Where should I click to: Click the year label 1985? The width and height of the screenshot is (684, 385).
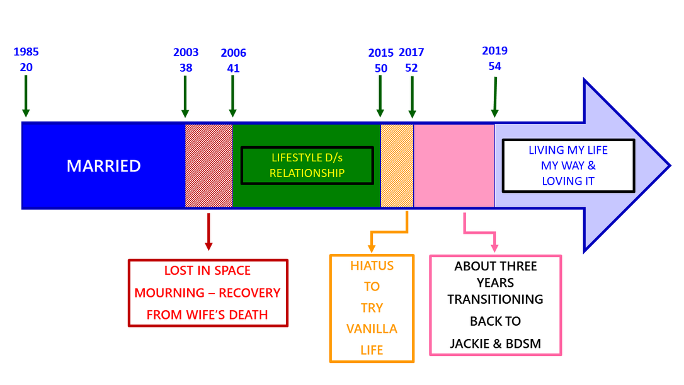[x=26, y=52]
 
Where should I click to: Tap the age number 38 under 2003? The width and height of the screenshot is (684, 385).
[x=186, y=68]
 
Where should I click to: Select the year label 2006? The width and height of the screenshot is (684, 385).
[x=234, y=53]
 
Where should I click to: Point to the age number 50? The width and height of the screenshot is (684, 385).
[x=381, y=69]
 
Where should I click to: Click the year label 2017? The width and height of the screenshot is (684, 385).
[x=411, y=52]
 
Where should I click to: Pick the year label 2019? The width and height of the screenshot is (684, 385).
[x=494, y=50]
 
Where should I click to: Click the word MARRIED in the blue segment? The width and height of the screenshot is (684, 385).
[x=104, y=166]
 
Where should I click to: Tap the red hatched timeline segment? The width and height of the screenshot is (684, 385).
[x=209, y=166]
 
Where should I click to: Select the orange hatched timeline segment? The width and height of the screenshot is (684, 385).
[x=397, y=166]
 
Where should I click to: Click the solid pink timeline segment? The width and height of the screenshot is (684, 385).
[x=454, y=166]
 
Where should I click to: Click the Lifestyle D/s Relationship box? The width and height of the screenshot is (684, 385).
[x=307, y=166]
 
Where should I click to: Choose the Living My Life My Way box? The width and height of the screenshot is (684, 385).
[x=568, y=166]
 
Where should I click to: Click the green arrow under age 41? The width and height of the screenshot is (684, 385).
[x=232, y=96]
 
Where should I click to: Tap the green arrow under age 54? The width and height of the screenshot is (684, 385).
[x=494, y=97]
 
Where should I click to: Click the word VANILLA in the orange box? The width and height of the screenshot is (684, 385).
[x=372, y=329]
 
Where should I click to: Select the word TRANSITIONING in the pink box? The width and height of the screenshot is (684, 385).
[x=495, y=299]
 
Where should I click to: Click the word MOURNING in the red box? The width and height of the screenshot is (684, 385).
[x=169, y=293]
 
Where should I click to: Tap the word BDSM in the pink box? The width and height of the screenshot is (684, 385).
[x=523, y=344]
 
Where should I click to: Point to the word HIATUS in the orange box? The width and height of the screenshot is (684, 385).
[x=372, y=266]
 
